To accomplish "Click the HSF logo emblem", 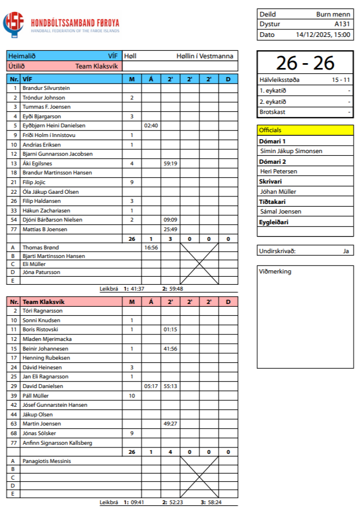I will pos(13,24).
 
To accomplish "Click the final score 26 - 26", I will pos(305,63).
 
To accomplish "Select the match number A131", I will pos(342,24).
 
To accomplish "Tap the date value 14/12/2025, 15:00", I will pos(323,35).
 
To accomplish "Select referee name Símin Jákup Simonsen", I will pos(291,151).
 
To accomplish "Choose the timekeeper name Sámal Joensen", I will pos(280,211).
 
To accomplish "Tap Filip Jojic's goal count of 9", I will pos(132,183).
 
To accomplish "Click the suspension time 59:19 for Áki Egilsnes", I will pos(170,163).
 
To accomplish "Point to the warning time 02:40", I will pos(151,125).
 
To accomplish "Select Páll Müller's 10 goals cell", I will pos(132,396).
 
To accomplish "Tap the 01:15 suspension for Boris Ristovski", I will pos(170,330).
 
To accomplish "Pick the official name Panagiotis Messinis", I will pos(47,461).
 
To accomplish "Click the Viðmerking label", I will pos(275,272).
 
